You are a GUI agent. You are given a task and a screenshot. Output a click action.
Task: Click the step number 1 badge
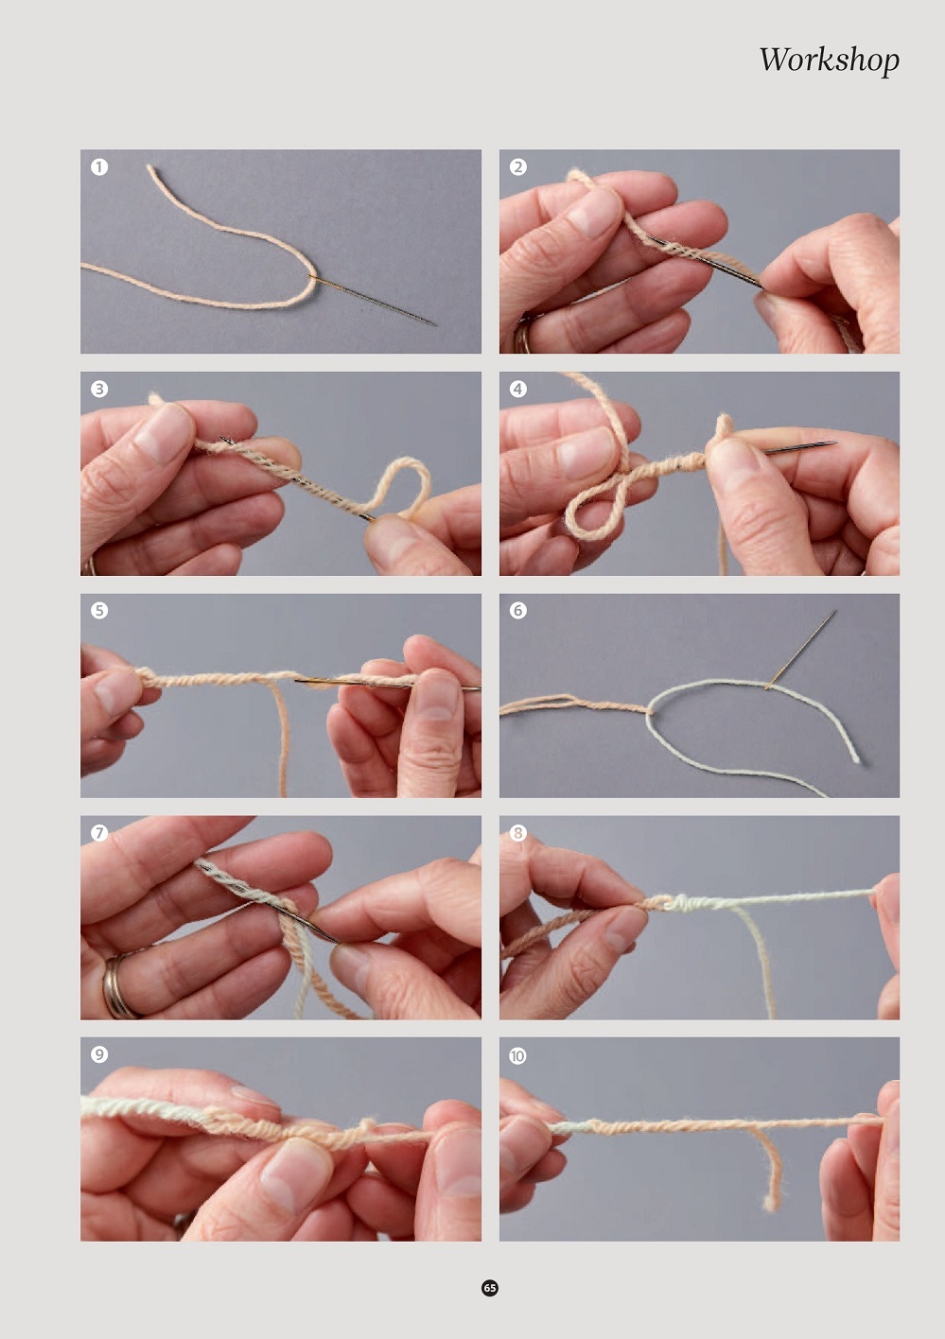(99, 166)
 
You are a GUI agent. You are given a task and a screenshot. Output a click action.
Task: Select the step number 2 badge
(518, 166)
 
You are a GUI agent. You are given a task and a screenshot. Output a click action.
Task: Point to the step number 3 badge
(99, 390)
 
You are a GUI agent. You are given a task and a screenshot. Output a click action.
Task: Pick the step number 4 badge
(518, 390)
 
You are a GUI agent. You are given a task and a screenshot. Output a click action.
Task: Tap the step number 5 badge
(99, 611)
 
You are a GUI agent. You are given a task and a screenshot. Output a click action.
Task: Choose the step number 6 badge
(518, 611)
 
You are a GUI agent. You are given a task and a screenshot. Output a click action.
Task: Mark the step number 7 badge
(99, 833)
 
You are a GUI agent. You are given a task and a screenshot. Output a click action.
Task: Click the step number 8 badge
(518, 833)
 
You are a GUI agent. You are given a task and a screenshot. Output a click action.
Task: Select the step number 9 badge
(99, 1054)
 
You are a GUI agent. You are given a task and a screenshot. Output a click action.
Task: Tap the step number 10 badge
(518, 1055)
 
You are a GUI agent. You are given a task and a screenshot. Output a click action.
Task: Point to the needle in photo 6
(801, 650)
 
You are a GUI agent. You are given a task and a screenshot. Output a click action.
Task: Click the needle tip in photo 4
(835, 443)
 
